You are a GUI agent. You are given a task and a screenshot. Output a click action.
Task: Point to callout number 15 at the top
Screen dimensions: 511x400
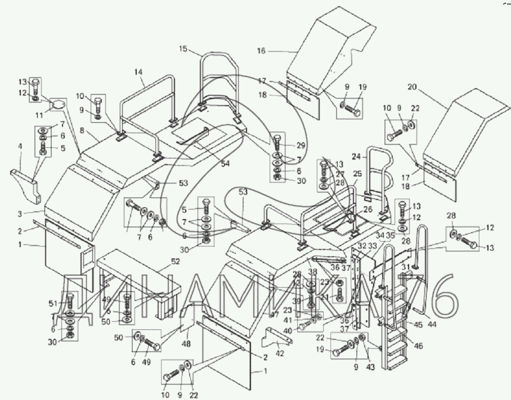(183, 49)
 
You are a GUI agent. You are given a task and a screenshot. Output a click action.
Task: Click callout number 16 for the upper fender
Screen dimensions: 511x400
(261, 51)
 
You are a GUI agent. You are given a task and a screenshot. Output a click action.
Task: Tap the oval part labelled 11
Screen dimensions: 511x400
(58, 103)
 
